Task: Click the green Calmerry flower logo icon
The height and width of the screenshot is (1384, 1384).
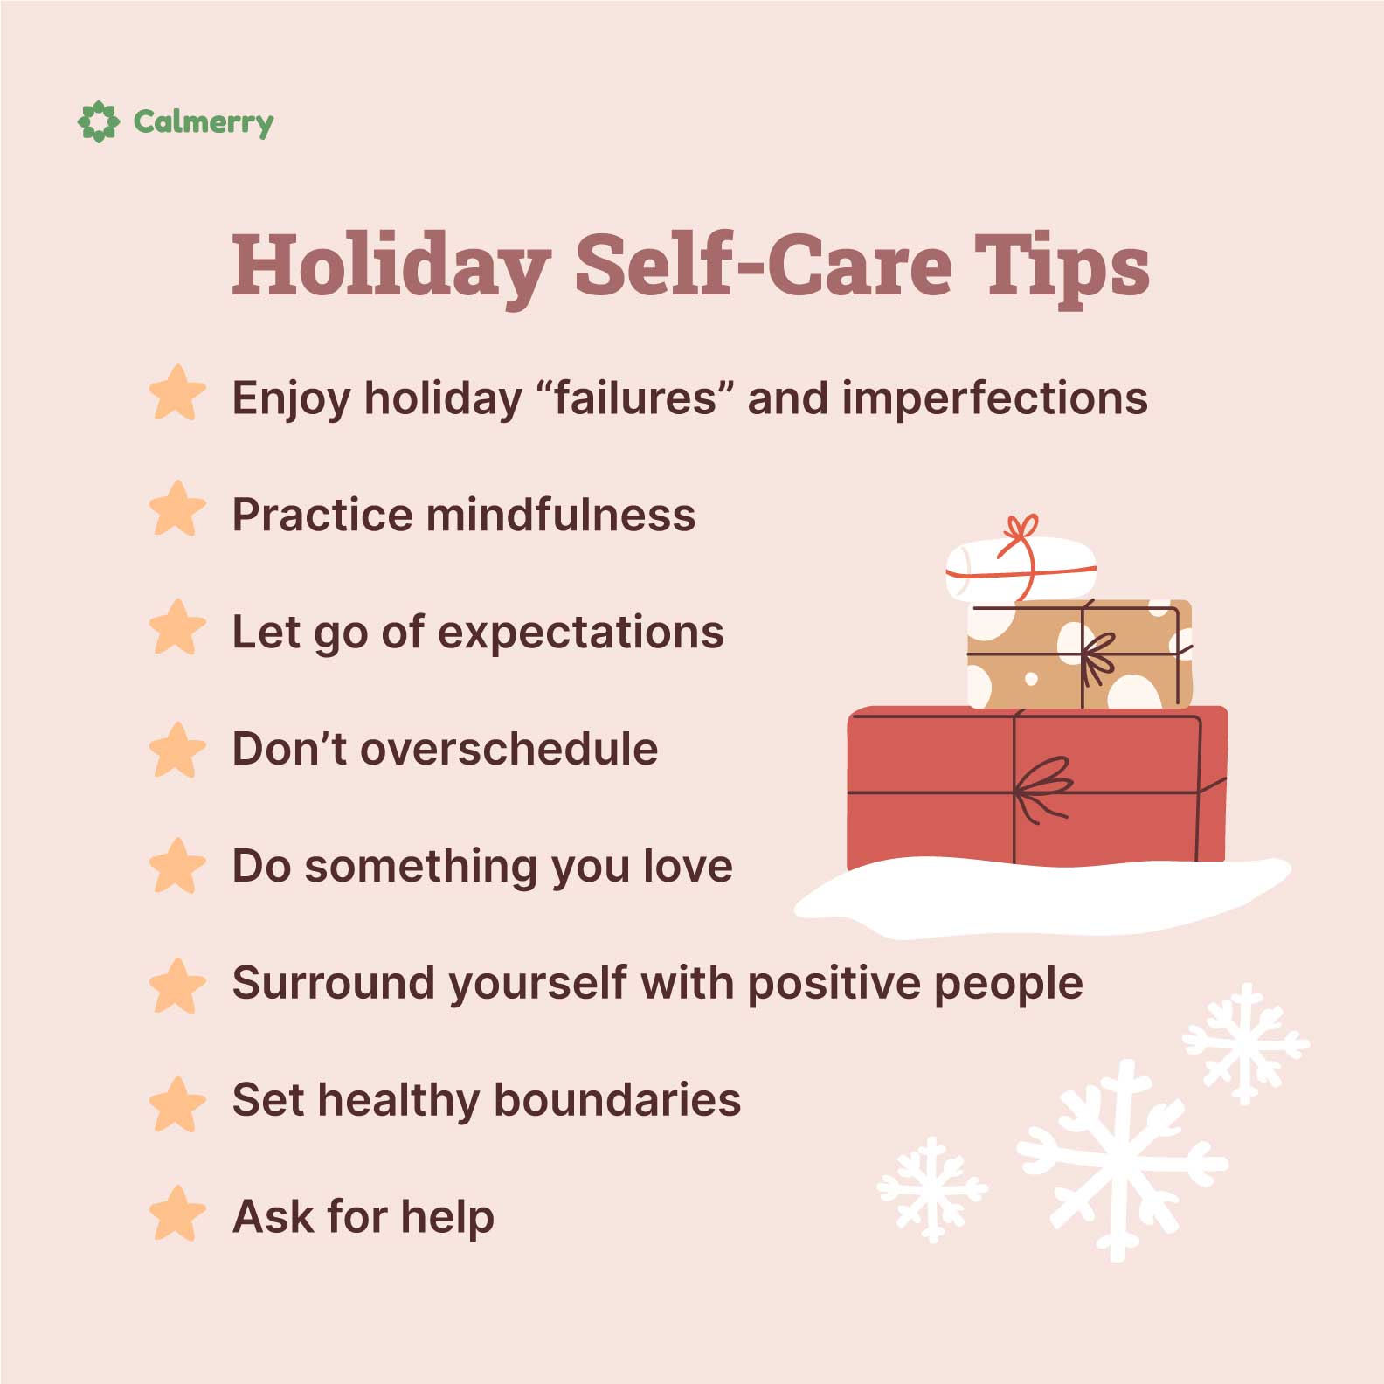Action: pos(98,121)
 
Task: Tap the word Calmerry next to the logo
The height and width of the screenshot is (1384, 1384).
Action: pos(203,122)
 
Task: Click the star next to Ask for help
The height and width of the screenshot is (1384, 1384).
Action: pos(177,1214)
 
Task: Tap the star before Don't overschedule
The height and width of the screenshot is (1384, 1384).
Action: pos(177,750)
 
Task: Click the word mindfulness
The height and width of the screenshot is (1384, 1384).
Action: pos(560,515)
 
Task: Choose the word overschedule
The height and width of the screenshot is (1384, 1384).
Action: pos(509,749)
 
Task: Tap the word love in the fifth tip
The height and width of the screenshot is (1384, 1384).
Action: pos(688,866)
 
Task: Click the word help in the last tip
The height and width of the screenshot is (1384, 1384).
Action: pos(447,1216)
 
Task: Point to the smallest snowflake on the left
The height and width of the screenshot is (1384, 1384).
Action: pos(932,1188)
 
